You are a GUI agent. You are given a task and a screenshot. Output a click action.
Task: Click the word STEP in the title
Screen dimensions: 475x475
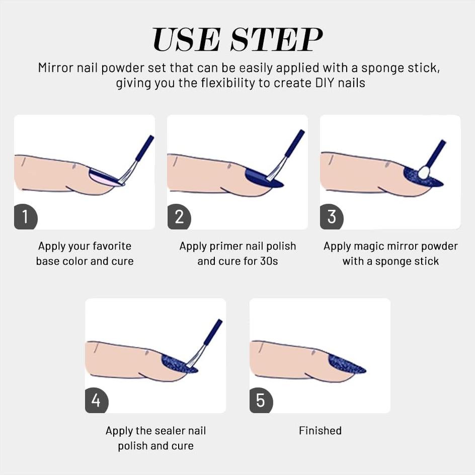coord(276,40)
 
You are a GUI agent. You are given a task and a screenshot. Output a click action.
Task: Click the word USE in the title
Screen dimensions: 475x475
coord(186,40)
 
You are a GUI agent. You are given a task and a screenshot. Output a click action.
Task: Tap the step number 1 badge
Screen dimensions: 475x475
coord(26,217)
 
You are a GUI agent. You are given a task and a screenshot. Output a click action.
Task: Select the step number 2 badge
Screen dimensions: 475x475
coord(179,217)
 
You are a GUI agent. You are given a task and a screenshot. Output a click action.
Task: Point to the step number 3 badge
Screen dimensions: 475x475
coord(332,217)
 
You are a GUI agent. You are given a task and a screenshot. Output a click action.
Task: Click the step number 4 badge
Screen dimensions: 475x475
coord(97,401)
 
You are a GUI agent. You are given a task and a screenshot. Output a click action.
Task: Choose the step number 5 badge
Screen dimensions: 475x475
coord(261,401)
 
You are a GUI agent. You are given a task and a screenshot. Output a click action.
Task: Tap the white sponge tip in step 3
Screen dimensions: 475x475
coord(424,172)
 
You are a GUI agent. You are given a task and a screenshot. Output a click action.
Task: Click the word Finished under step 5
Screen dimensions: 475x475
coord(320,431)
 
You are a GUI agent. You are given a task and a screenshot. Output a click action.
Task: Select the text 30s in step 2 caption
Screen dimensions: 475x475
coord(269,261)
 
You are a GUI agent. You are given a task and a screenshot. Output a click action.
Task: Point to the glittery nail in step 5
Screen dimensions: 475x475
coord(346,364)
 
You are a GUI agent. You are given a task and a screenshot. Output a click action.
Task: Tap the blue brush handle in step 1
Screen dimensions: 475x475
coord(145,148)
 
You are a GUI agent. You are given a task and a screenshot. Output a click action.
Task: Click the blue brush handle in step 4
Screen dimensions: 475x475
coord(213,332)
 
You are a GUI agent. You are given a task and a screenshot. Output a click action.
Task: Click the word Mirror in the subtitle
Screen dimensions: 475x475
coord(56,67)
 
